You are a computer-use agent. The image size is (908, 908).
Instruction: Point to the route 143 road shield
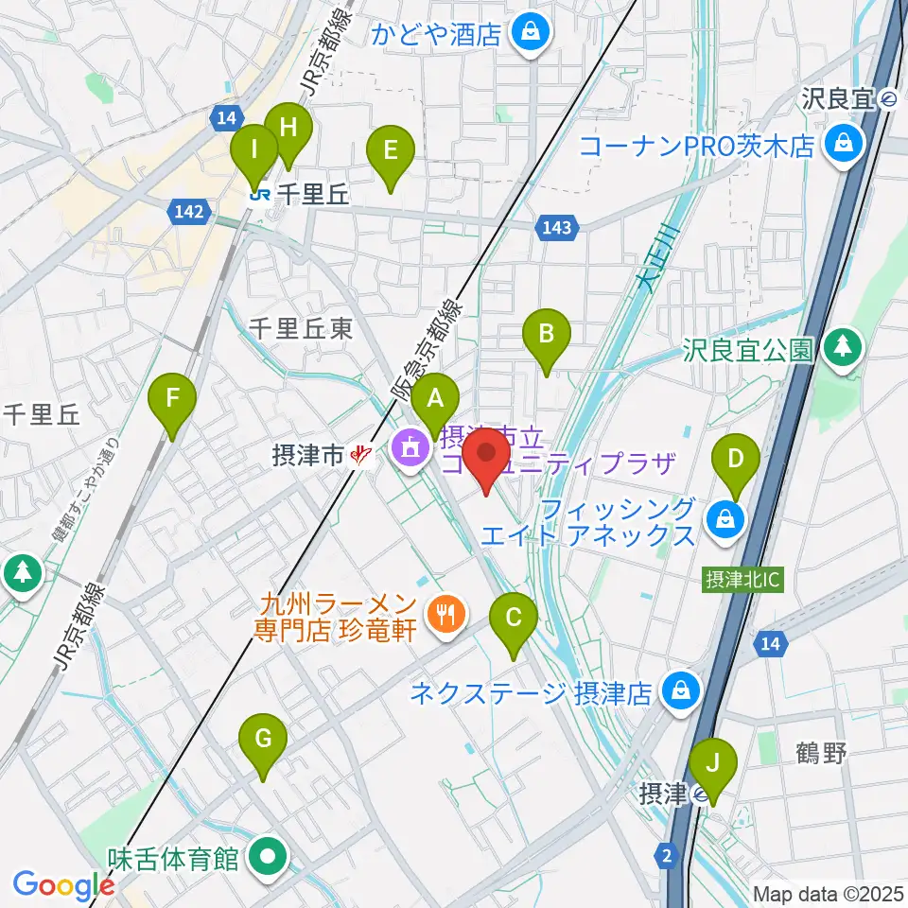[x=557, y=226]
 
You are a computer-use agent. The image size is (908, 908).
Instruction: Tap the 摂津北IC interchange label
[x=742, y=579]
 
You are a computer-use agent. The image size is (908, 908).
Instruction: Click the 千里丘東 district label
[x=301, y=328]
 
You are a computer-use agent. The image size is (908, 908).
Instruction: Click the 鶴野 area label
[x=818, y=753]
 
